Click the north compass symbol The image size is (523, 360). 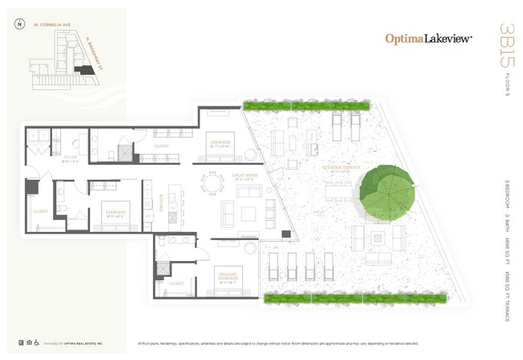(18, 23)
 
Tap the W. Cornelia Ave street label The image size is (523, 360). (53, 23)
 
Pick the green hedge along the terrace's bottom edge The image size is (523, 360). (354, 297)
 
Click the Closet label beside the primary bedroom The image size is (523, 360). (176, 283)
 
